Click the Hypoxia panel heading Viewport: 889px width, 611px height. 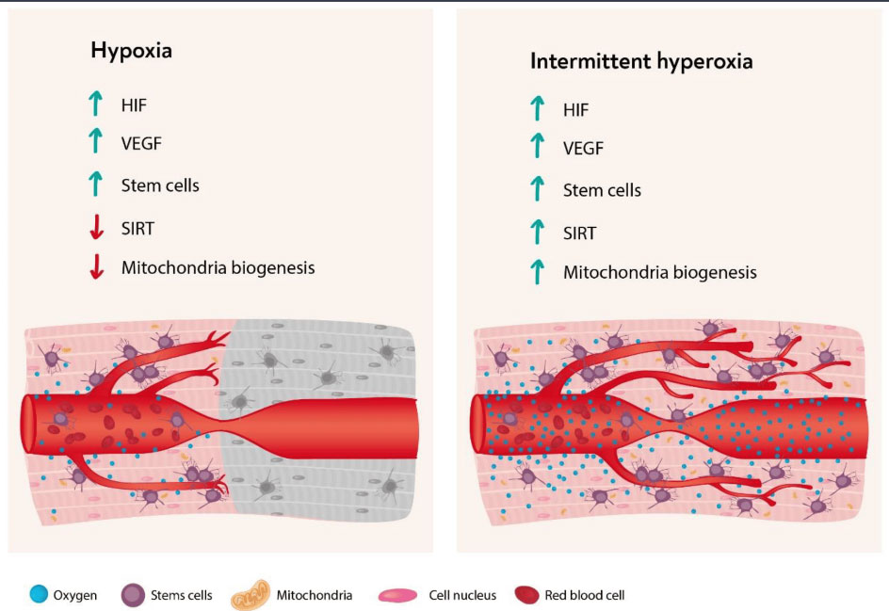(131, 51)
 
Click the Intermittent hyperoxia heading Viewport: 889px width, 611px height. (641, 61)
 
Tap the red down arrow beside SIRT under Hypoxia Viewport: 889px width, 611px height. (96, 227)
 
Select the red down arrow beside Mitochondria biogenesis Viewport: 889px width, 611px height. (96, 266)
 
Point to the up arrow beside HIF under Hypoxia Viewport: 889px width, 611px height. (96, 104)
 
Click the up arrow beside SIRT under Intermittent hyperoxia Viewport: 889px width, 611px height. (537, 232)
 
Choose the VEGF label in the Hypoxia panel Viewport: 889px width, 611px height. (141, 143)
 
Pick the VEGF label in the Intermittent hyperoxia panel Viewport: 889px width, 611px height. (583, 149)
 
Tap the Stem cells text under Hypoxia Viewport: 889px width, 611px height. (160, 185)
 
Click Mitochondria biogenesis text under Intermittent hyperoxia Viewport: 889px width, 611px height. (659, 273)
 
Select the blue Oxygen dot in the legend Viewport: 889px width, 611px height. (39, 594)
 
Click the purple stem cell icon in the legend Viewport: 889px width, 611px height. (133, 595)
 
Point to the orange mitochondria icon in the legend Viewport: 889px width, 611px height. (251, 595)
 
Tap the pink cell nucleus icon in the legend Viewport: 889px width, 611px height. (397, 595)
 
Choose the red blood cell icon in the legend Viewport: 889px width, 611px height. (526, 595)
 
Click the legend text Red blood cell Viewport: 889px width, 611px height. (585, 595)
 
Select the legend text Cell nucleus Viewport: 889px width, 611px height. (462, 595)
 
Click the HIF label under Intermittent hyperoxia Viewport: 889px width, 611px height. (575, 110)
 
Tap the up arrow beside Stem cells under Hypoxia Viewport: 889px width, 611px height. (96, 185)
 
